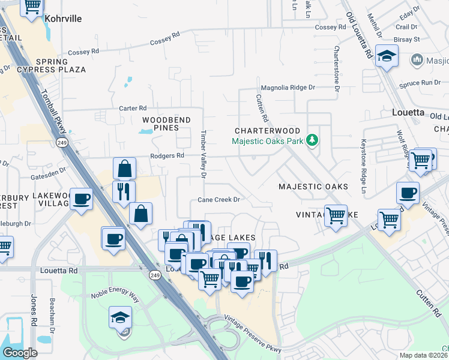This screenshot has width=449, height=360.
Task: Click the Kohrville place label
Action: [x=63, y=19]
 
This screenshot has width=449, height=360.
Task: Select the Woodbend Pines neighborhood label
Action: [x=166, y=124]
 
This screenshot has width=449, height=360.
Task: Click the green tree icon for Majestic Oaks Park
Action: [x=312, y=140]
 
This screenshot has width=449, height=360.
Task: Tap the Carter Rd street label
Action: [x=133, y=108]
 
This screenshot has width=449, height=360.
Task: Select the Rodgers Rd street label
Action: [x=171, y=155]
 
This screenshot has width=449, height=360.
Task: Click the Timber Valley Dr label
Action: [x=203, y=154]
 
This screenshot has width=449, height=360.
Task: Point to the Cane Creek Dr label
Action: [x=219, y=200]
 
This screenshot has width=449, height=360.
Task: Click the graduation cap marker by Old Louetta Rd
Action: [x=387, y=56]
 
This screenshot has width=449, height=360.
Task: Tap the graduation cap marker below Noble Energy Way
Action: [x=120, y=317]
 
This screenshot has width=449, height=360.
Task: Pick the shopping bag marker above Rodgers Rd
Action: [x=124, y=169]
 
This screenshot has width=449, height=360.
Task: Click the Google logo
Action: [x=20, y=353]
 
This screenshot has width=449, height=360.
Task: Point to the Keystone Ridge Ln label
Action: [x=363, y=171]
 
